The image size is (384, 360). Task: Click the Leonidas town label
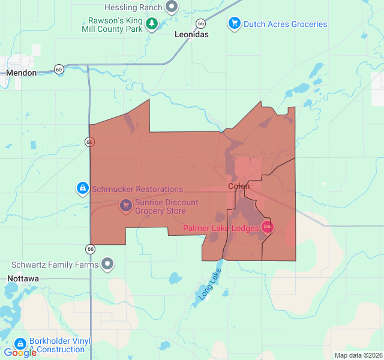tap(191, 35)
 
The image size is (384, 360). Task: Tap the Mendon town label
tap(21, 73)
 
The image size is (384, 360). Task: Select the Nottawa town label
tap(23, 279)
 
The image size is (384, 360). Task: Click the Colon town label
tap(239, 187)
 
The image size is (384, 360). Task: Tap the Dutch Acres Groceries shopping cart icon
tap(234, 23)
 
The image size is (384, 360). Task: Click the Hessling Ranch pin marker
tap(172, 7)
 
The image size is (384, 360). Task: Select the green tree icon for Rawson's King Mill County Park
tap(152, 24)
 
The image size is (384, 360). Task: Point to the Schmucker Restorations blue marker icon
tap(83, 188)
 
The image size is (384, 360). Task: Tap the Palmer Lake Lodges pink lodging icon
tap(267, 227)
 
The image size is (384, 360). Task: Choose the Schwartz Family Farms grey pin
tap(107, 263)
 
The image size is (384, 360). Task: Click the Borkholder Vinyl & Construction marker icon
tap(20, 344)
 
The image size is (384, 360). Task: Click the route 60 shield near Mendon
tap(58, 69)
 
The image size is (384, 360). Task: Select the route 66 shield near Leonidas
tap(200, 23)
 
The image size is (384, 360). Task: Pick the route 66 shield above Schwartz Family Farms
tap(90, 248)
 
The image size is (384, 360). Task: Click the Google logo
tap(20, 353)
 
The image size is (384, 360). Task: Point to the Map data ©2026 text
tap(358, 355)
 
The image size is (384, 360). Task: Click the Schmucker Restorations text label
tap(137, 189)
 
